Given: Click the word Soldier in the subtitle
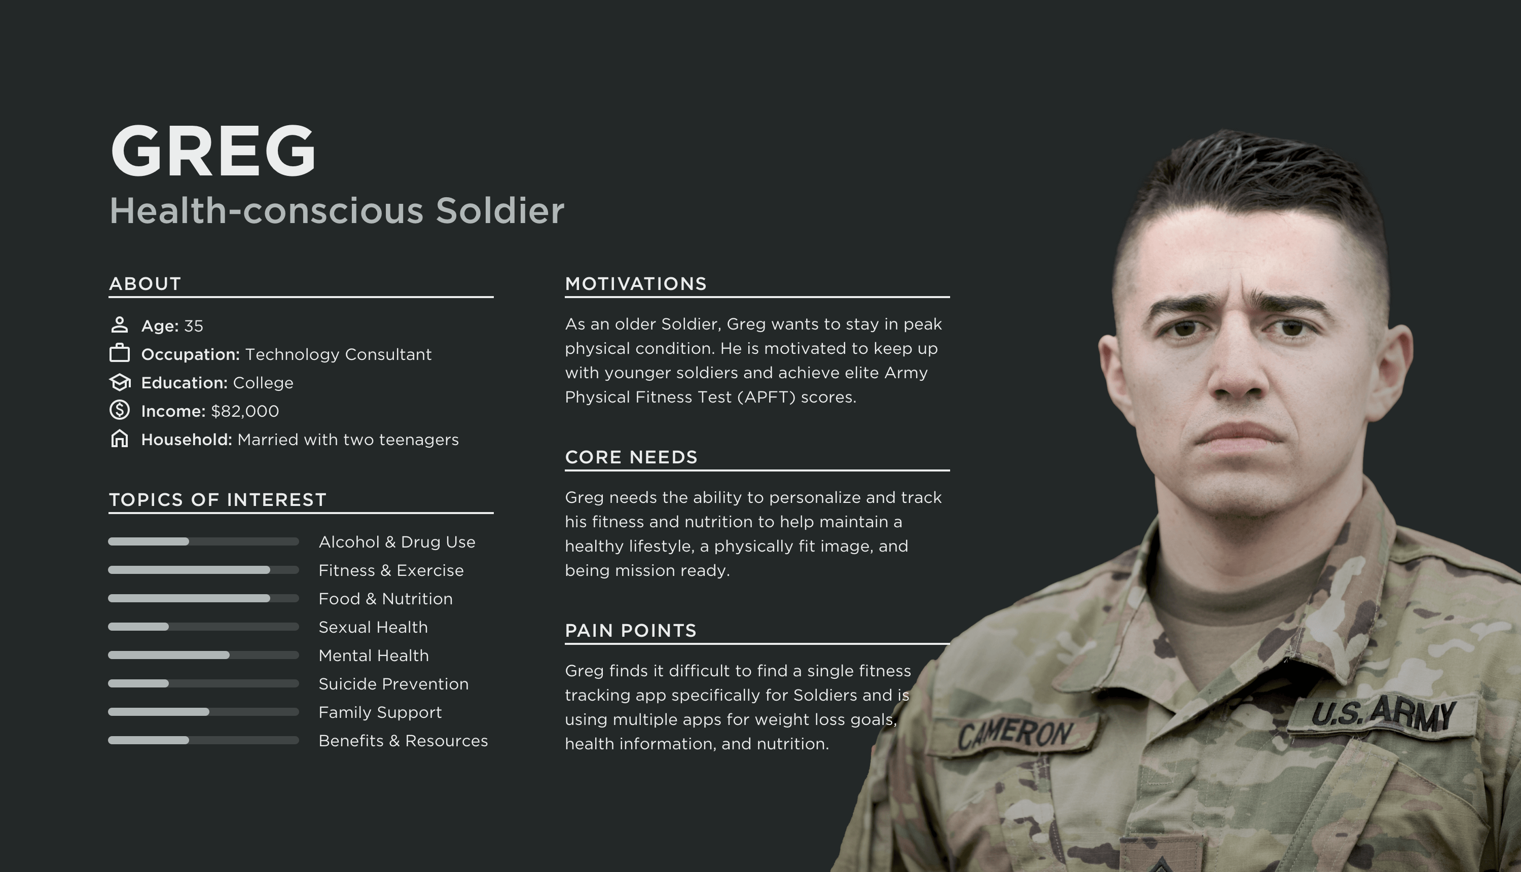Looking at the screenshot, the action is pyautogui.click(x=499, y=210).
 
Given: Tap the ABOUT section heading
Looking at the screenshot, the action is pyautogui.click(x=145, y=284).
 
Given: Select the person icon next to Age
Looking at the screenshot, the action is pyautogui.click(x=120, y=324).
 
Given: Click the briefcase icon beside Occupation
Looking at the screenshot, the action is pyautogui.click(x=120, y=353).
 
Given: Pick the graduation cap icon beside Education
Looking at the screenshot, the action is pyautogui.click(x=120, y=382).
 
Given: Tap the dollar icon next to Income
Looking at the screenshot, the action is pyautogui.click(x=120, y=410).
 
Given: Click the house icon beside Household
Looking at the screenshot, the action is pyautogui.click(x=120, y=439).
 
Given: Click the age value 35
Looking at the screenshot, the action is pyautogui.click(x=193, y=326).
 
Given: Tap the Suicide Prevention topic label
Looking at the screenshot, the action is pyautogui.click(x=393, y=684).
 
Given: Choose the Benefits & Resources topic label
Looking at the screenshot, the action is pyautogui.click(x=403, y=741).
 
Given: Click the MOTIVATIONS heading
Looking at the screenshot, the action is pyautogui.click(x=636, y=284).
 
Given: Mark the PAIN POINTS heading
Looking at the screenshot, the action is pyautogui.click(x=631, y=631).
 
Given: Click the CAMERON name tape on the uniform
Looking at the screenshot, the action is pyautogui.click(x=1015, y=734).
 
